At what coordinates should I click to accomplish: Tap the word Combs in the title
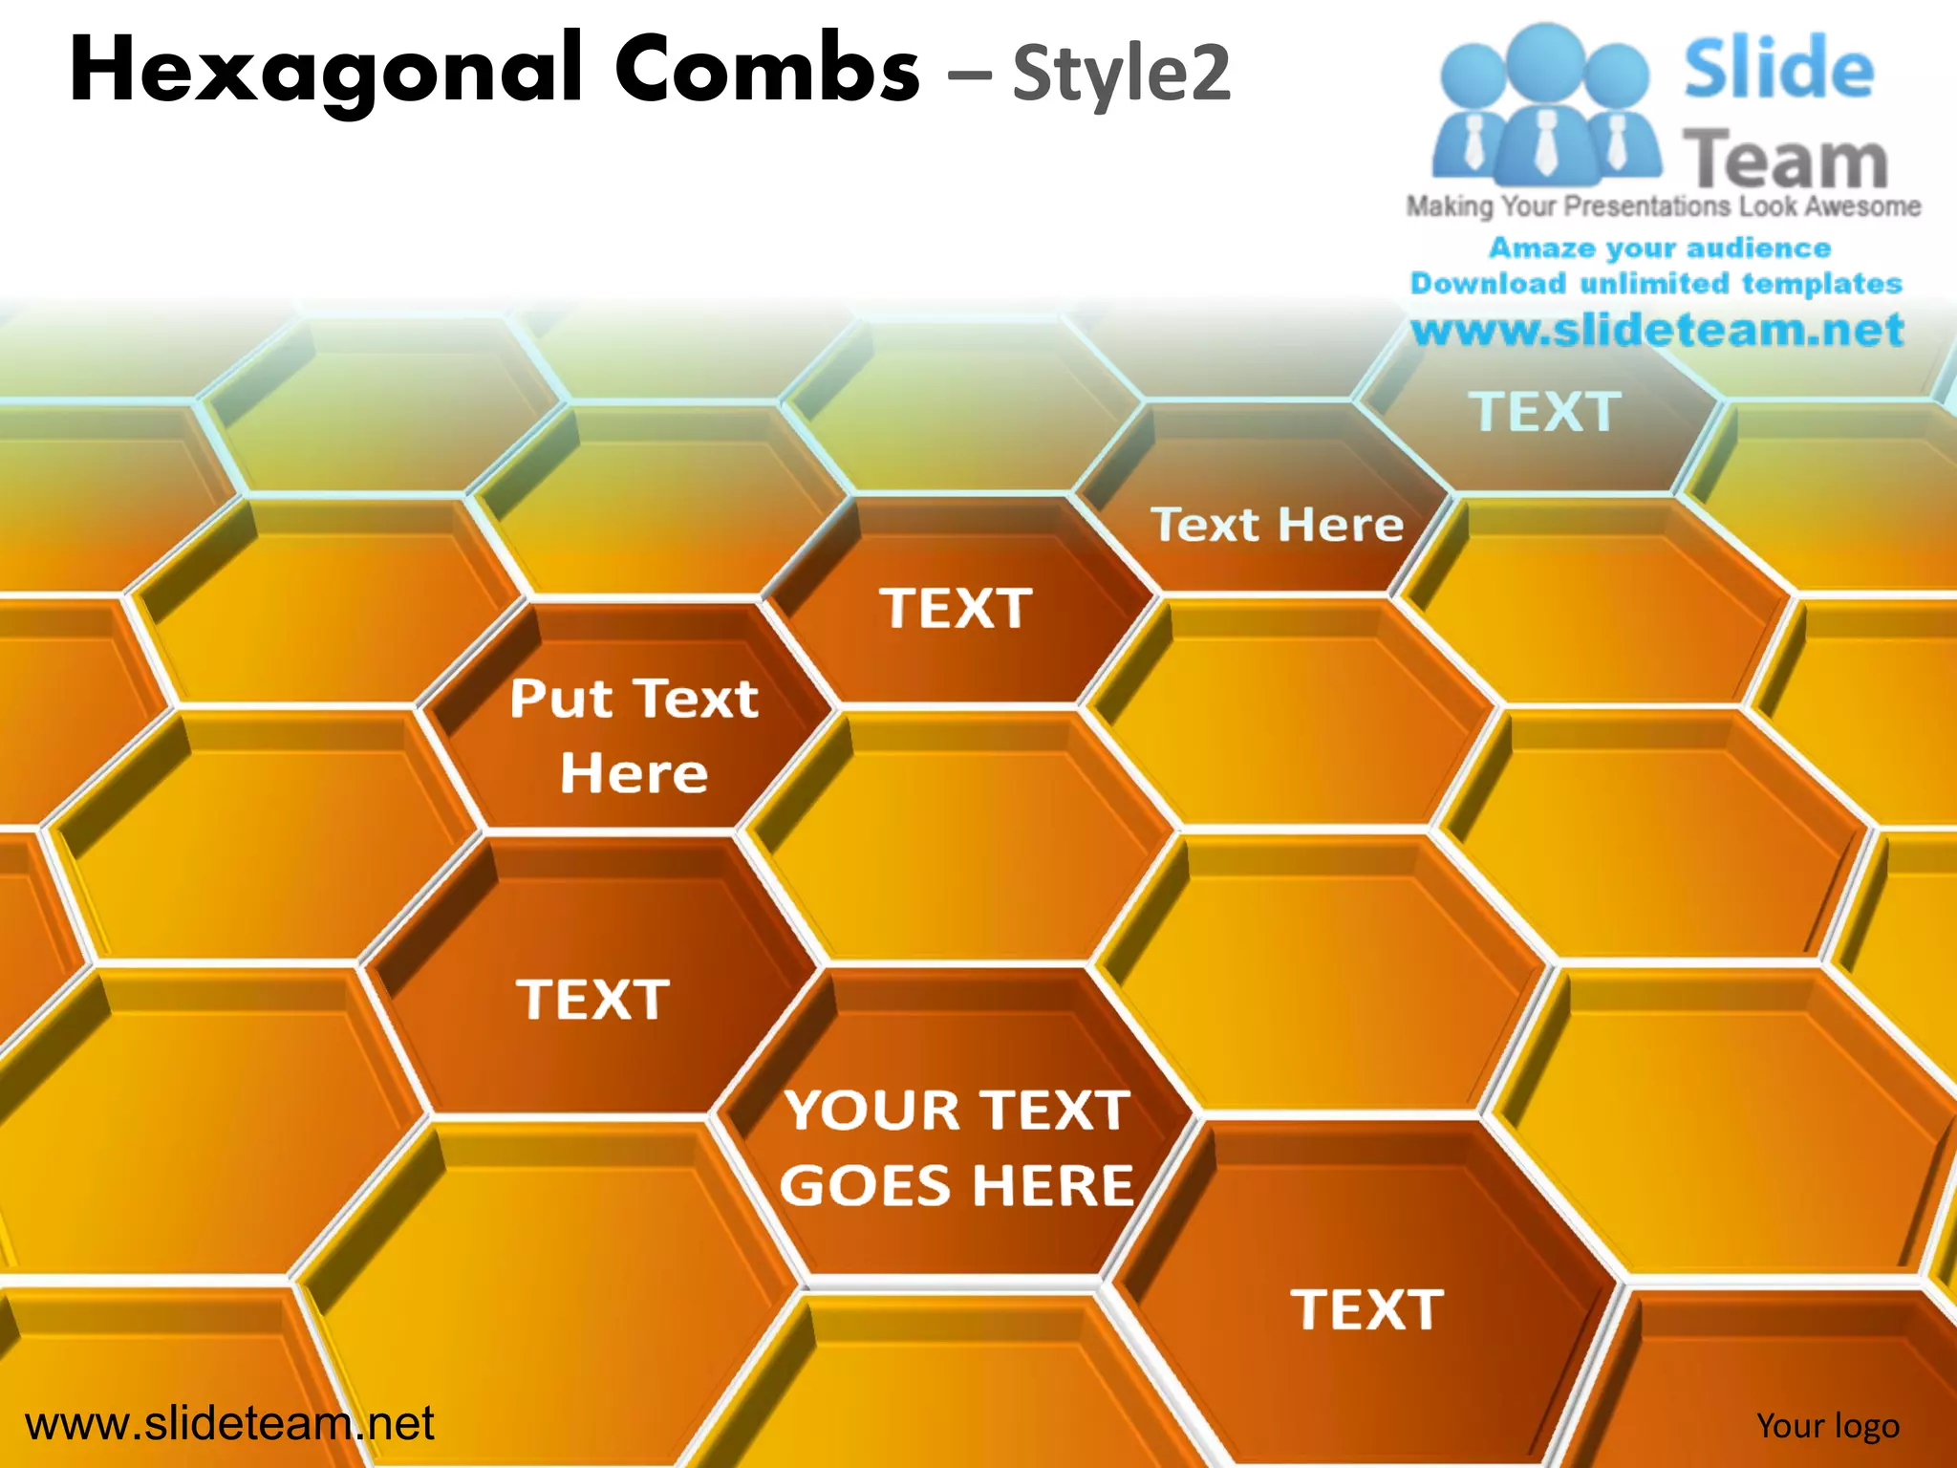click(x=766, y=69)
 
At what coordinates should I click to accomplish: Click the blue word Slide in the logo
click(x=1778, y=68)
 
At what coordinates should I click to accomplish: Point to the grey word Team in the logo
click(x=1784, y=160)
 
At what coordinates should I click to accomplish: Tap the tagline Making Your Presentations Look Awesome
click(x=1663, y=205)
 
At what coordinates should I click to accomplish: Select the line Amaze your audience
click(x=1660, y=248)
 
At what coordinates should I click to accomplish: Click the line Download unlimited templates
click(x=1656, y=283)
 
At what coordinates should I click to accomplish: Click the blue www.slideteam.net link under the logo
click(x=1657, y=329)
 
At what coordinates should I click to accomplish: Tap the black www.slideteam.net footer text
click(x=229, y=1423)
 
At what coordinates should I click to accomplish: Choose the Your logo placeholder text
click(x=1827, y=1425)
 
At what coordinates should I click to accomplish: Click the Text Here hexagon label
click(x=1277, y=525)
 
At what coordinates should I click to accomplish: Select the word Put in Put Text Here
click(x=560, y=699)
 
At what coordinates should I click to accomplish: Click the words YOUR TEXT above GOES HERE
click(x=957, y=1111)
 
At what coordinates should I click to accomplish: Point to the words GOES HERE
click(x=957, y=1185)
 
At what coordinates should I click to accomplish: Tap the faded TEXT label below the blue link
click(x=1544, y=412)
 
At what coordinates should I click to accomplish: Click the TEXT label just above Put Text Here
click(x=956, y=608)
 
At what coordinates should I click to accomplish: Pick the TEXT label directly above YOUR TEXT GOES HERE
click(x=592, y=1000)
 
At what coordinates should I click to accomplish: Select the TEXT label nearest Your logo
click(x=1366, y=1309)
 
